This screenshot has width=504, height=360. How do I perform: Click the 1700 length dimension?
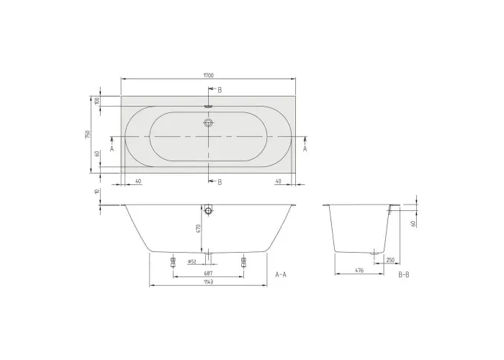click(x=208, y=76)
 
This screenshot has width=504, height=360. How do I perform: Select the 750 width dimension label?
click(x=88, y=134)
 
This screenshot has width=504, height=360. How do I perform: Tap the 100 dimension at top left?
click(x=97, y=101)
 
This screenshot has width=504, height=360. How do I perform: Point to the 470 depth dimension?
click(x=198, y=228)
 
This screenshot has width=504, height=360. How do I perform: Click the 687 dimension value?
click(x=208, y=274)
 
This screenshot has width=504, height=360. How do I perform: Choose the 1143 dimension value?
click(x=208, y=282)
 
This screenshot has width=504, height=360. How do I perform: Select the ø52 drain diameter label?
click(x=192, y=261)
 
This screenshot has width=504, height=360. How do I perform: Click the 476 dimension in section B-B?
click(x=359, y=271)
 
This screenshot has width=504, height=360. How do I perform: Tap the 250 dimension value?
click(x=390, y=260)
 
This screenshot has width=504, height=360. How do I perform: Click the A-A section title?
click(x=281, y=274)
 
